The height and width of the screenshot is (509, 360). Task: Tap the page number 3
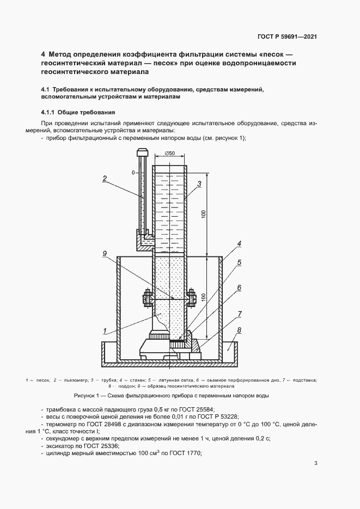pyautogui.click(x=316, y=464)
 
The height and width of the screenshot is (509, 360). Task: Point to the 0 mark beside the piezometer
pyautogui.click(x=133, y=172)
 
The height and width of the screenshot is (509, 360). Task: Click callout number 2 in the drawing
pyautogui.click(x=103, y=177)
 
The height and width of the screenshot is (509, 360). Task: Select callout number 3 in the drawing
pyautogui.click(x=200, y=183)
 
